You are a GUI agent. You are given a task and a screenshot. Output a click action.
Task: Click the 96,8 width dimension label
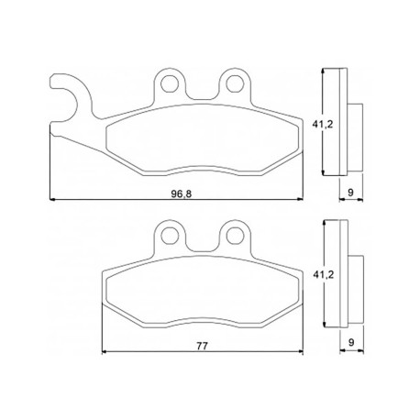click(182, 193)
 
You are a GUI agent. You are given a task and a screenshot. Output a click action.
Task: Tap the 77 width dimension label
click(202, 346)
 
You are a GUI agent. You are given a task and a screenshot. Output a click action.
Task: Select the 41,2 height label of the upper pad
click(323, 124)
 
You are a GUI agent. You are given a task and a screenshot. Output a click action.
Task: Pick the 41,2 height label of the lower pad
click(323, 274)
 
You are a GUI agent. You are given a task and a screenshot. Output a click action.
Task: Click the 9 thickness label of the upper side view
click(350, 193)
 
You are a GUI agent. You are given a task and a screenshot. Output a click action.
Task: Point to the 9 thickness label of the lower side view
click(351, 342)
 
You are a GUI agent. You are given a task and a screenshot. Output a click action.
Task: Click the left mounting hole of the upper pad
click(170, 83)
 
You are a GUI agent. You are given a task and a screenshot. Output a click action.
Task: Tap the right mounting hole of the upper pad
click(235, 83)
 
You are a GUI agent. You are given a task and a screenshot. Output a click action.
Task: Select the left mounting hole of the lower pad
click(170, 236)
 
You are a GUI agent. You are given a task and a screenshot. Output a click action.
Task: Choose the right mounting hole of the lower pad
click(235, 236)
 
